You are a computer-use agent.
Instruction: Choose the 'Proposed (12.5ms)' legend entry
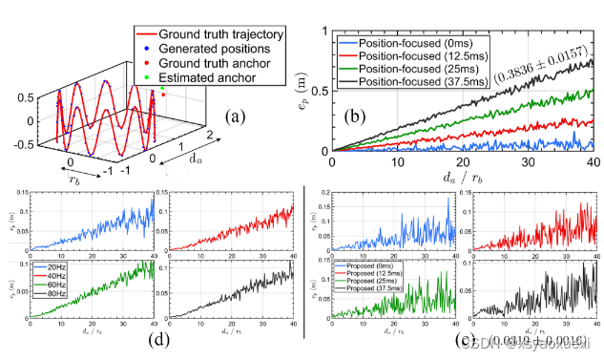coord(366,268)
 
